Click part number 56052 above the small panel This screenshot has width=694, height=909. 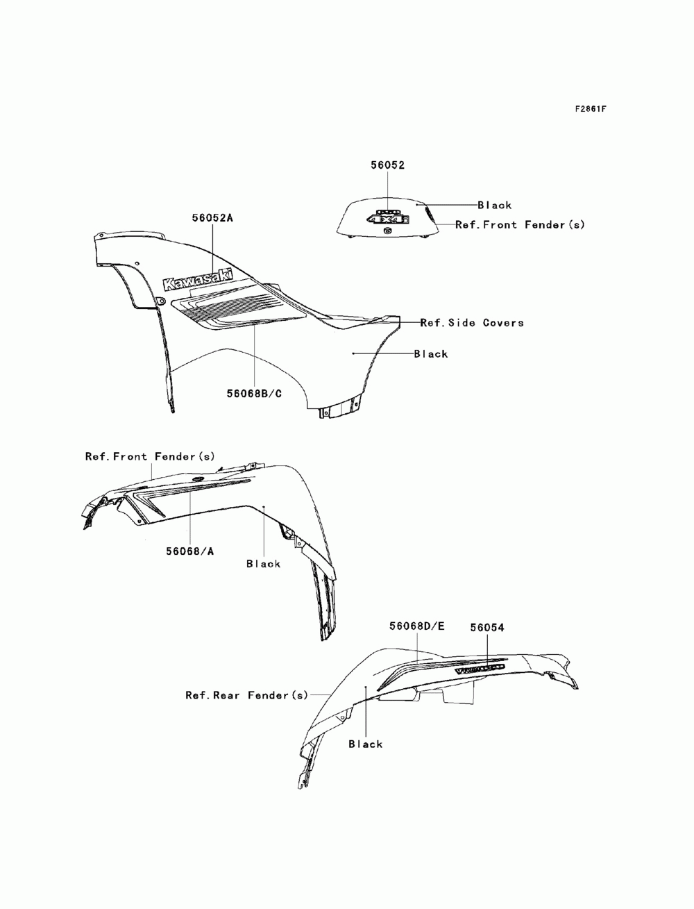(387, 165)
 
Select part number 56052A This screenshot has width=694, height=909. (212, 217)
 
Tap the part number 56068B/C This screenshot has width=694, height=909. (254, 394)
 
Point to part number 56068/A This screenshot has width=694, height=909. (189, 551)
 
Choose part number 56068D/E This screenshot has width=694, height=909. (416, 626)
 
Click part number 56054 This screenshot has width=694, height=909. (486, 627)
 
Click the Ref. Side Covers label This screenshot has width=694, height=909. (472, 322)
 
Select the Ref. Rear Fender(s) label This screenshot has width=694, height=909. (246, 694)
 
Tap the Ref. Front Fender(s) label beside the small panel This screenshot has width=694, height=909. (520, 225)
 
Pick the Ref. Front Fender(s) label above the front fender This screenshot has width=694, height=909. (150, 456)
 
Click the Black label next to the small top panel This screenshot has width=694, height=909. (494, 205)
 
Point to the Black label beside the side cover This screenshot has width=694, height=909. (431, 353)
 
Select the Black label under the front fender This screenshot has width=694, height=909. (264, 564)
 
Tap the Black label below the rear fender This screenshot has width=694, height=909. (366, 744)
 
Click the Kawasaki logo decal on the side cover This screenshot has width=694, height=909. (198, 280)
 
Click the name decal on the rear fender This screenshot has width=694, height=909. (479, 669)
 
